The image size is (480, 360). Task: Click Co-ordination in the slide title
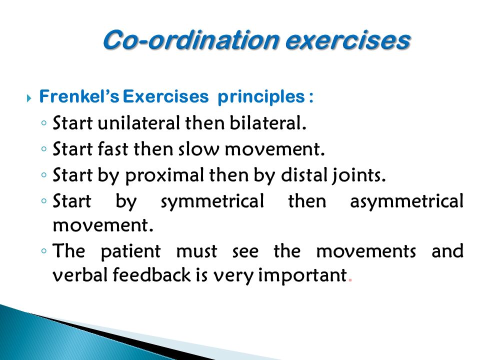point(192,40)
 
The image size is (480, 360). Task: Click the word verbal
point(78,275)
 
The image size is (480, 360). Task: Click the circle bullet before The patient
point(44,250)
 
